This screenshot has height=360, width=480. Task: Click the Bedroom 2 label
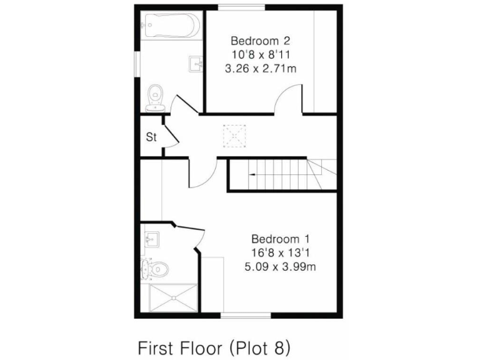pos(260,41)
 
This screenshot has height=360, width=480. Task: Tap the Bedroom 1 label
pos(281,239)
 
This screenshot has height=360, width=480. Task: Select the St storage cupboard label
pos(151,137)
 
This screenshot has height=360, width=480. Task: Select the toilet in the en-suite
pos(156,269)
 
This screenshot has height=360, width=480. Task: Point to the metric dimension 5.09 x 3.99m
pos(281,266)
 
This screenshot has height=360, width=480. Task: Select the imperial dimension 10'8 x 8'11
pos(260,55)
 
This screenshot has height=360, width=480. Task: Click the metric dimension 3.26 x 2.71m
pos(260,69)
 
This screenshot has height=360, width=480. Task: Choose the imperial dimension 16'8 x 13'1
pos(281,252)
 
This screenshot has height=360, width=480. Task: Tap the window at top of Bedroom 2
pos(241,7)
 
